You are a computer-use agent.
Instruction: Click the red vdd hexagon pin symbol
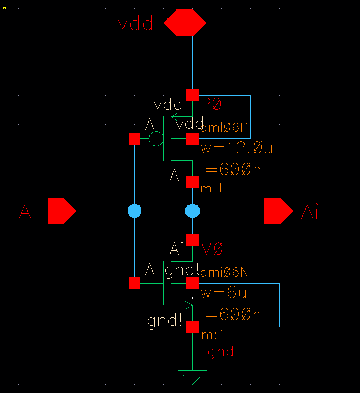pyautogui.click(x=185, y=22)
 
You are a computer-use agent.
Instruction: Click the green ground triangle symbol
pyautogui.click(x=193, y=377)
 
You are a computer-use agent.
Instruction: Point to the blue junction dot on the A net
pyautogui.click(x=135, y=211)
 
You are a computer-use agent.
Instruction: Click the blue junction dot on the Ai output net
pyautogui.click(x=193, y=211)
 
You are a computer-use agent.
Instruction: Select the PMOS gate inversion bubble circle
pyautogui.click(x=156, y=139)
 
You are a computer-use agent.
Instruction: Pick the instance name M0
pyautogui.click(x=212, y=249)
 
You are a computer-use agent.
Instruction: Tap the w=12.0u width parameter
pyautogui.click(x=237, y=149)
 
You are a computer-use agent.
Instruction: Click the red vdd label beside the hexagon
pyautogui.click(x=136, y=24)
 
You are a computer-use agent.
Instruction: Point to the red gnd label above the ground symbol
pyautogui.click(x=220, y=352)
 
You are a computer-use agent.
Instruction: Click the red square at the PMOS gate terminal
pyautogui.click(x=135, y=139)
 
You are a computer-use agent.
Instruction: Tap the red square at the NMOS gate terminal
pyautogui.click(x=135, y=284)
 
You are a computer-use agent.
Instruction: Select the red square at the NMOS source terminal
pyautogui.click(x=193, y=327)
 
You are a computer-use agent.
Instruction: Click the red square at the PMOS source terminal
pyautogui.click(x=193, y=95)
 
